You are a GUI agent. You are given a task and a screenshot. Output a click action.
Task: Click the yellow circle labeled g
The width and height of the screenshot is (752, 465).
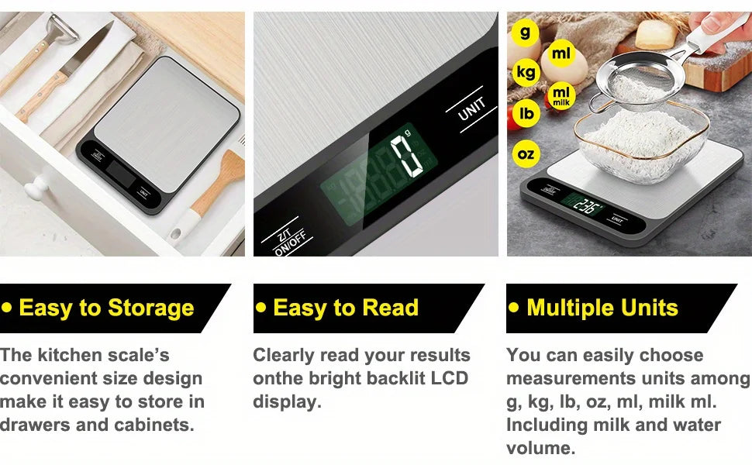(x=526, y=32)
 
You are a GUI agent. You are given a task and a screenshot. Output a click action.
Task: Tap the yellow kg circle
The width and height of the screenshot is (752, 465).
(x=526, y=72)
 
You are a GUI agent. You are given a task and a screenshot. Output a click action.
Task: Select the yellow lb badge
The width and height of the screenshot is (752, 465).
(x=526, y=113)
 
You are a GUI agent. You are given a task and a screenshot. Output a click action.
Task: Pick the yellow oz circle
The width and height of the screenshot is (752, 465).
(x=526, y=154)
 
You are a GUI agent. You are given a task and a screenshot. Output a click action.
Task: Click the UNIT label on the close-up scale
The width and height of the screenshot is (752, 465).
(x=471, y=109)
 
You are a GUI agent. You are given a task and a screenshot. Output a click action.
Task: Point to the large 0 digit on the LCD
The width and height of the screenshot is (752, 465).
(x=407, y=156)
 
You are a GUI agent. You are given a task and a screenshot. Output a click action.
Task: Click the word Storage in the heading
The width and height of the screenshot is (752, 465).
(x=150, y=308)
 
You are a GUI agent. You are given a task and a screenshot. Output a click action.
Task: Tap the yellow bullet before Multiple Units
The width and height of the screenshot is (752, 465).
(x=514, y=308)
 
